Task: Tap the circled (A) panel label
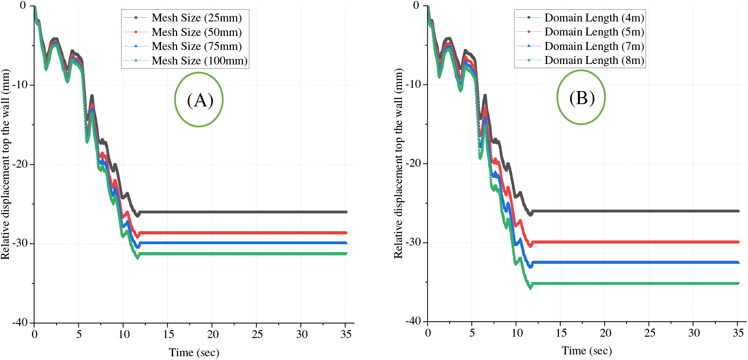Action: [199, 100]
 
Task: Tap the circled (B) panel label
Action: [581, 98]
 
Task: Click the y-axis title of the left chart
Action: [6, 164]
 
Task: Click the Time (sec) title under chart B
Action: [587, 351]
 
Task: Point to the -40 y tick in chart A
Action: [21, 322]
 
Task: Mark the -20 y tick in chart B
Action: [414, 163]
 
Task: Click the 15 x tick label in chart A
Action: [168, 334]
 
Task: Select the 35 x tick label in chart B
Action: [738, 333]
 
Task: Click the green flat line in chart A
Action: [243, 254]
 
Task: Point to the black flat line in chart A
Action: [243, 212]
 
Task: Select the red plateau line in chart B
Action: [635, 242]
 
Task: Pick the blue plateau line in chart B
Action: [635, 262]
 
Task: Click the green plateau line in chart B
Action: [635, 283]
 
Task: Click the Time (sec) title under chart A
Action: [194, 353]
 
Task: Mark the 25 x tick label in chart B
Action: [649, 333]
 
